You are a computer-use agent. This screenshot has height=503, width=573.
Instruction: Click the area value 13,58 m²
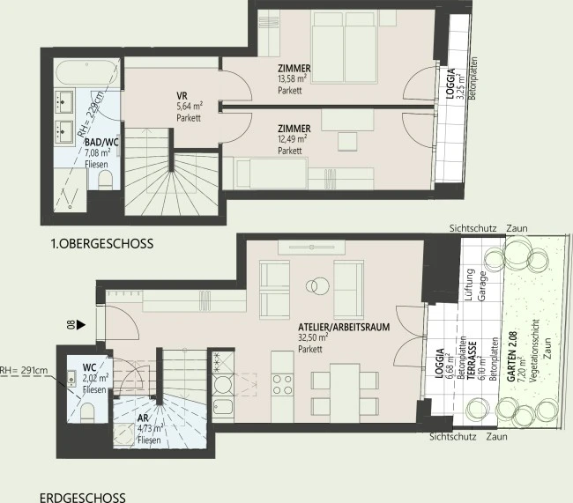click(292, 78)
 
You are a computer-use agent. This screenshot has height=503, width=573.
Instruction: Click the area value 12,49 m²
click(292, 139)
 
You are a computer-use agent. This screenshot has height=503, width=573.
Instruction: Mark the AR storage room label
click(130, 419)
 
